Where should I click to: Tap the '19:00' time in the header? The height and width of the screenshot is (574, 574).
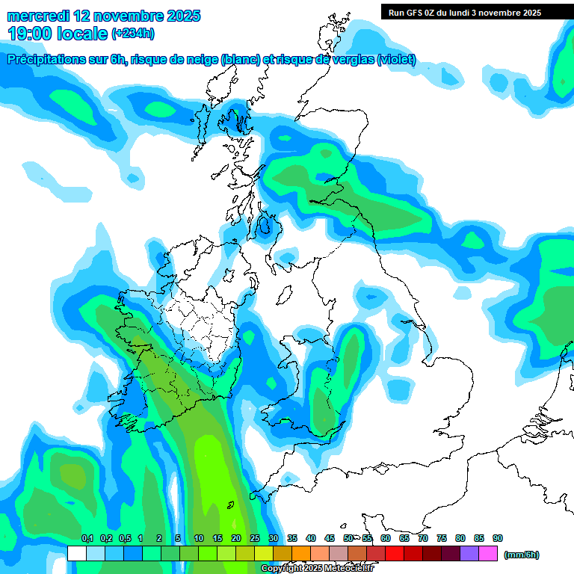(x=34, y=33)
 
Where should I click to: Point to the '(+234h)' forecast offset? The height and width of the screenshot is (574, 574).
(x=132, y=33)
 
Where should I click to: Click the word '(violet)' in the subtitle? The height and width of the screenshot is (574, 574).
(x=396, y=60)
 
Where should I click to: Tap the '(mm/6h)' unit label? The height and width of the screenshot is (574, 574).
(x=521, y=555)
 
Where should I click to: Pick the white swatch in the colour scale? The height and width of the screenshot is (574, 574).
(x=76, y=553)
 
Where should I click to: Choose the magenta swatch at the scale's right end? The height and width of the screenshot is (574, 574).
(x=488, y=553)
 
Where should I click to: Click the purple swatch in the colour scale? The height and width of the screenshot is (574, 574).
(x=469, y=553)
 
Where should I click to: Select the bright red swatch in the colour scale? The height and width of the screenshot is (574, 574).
(x=395, y=553)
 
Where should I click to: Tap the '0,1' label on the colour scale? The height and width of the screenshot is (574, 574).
(x=87, y=539)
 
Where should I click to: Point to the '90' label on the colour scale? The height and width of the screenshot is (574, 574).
(x=498, y=539)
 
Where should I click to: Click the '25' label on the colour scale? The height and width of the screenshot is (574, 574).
(x=255, y=539)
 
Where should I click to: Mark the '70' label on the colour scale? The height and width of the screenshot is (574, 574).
(x=423, y=539)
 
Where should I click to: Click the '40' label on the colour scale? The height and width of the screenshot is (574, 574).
(x=311, y=539)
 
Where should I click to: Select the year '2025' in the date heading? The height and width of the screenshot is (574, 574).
(x=183, y=16)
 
